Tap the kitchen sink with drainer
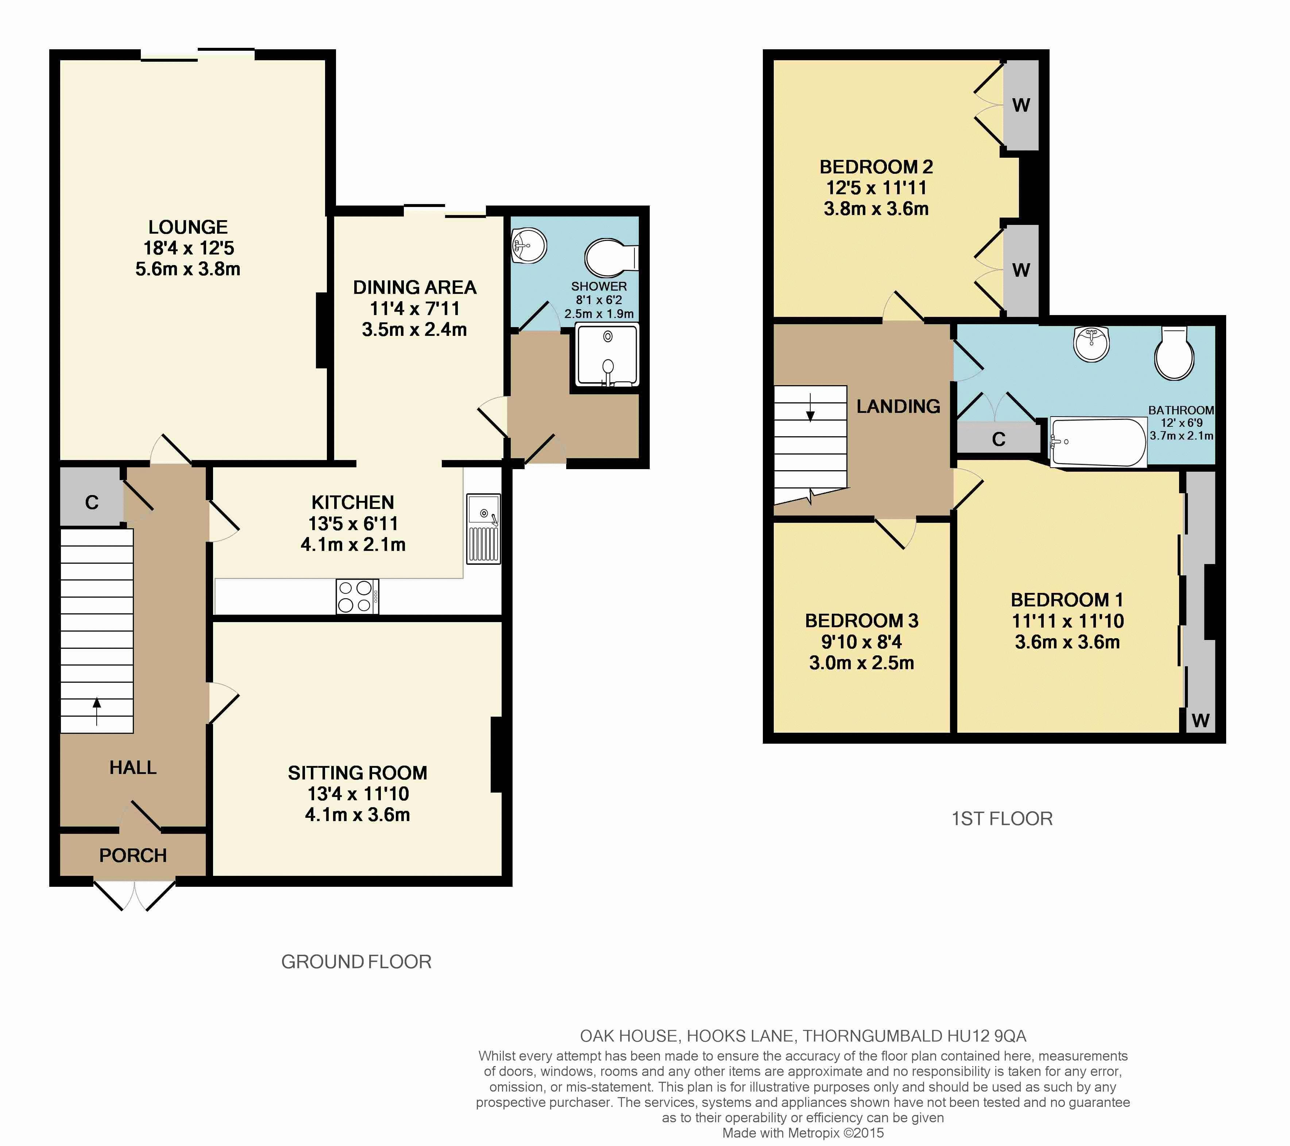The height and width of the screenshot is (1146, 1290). (x=483, y=529)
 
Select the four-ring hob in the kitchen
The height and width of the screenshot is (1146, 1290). (x=357, y=596)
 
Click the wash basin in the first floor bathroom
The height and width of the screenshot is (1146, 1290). (x=1091, y=344)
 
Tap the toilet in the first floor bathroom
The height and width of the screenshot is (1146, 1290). (x=1174, y=354)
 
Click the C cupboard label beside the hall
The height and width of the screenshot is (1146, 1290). (x=92, y=503)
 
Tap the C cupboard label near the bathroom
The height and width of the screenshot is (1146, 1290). (x=999, y=440)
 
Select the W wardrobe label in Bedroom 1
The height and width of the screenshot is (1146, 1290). (x=1200, y=720)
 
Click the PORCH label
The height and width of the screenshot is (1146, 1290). (x=133, y=855)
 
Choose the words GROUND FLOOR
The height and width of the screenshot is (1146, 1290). (x=356, y=962)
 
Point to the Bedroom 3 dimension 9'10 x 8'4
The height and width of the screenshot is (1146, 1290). (x=861, y=642)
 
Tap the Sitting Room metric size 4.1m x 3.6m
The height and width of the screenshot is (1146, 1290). (x=357, y=815)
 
